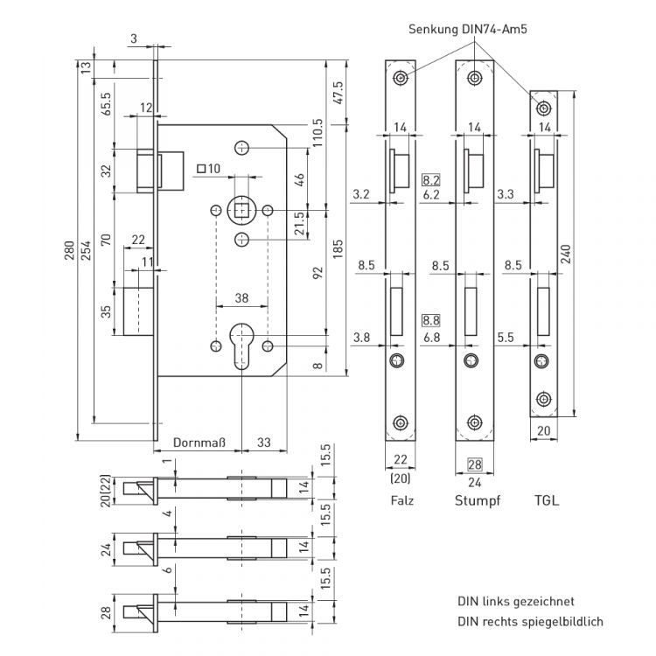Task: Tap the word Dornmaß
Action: pos(199,443)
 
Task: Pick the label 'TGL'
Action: pos(545,501)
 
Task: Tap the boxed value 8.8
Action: pos(431,321)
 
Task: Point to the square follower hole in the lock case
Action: pos(241,210)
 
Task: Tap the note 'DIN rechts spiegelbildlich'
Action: pos(530,622)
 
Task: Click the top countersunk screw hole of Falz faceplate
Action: pos(401,78)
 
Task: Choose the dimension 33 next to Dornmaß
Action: pos(264,443)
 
